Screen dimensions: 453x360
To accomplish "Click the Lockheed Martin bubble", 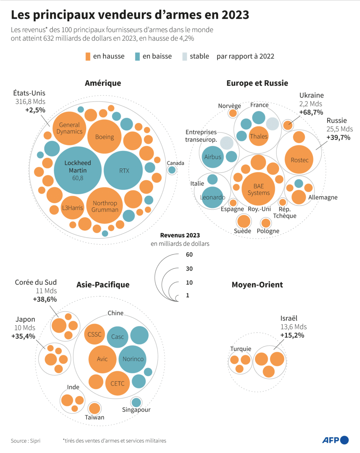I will pyautogui.click(x=78, y=170).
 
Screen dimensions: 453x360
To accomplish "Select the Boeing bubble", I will pyautogui.click(x=104, y=137).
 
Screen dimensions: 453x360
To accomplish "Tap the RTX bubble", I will pyautogui.click(x=124, y=170).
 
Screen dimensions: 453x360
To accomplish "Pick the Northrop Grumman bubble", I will pyautogui.click(x=105, y=206).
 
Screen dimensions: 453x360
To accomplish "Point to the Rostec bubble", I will pyautogui.click(x=299, y=160).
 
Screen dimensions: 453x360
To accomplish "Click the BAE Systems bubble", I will pyautogui.click(x=258, y=189).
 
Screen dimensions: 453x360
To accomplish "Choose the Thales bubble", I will pyautogui.click(x=258, y=136).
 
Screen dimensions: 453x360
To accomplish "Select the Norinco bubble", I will pyautogui.click(x=133, y=359).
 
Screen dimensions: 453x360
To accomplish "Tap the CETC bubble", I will pyautogui.click(x=117, y=383).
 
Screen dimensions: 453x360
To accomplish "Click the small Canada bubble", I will pyautogui.click(x=172, y=170).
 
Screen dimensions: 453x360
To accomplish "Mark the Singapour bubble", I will pyautogui.click(x=136, y=402).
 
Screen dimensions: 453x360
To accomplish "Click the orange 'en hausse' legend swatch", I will pyautogui.click(x=88, y=57).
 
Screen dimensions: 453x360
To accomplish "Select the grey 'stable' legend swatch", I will pyautogui.click(x=185, y=57).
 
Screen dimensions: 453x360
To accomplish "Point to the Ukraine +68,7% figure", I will pyautogui.click(x=311, y=112).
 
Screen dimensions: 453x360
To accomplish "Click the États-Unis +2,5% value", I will pyautogui.click(x=35, y=110).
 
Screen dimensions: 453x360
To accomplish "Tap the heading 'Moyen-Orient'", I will pyautogui.click(x=257, y=285).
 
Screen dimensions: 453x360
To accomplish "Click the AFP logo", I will pyautogui.click(x=335, y=440).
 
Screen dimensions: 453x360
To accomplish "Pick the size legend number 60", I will pyautogui.click(x=189, y=254).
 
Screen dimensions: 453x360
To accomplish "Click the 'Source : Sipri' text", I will pyautogui.click(x=26, y=441).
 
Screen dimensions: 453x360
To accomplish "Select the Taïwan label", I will pyautogui.click(x=94, y=417).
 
